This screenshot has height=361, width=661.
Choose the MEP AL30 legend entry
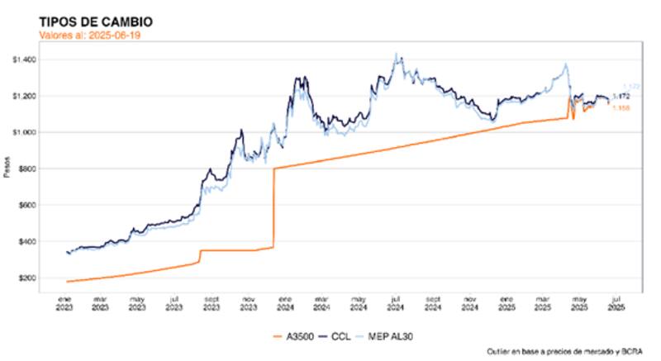pyautogui.click(x=393, y=335)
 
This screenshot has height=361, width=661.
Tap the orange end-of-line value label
pyautogui.click(x=621, y=107)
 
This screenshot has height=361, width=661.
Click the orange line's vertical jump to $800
pyautogui.click(x=273, y=207)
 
